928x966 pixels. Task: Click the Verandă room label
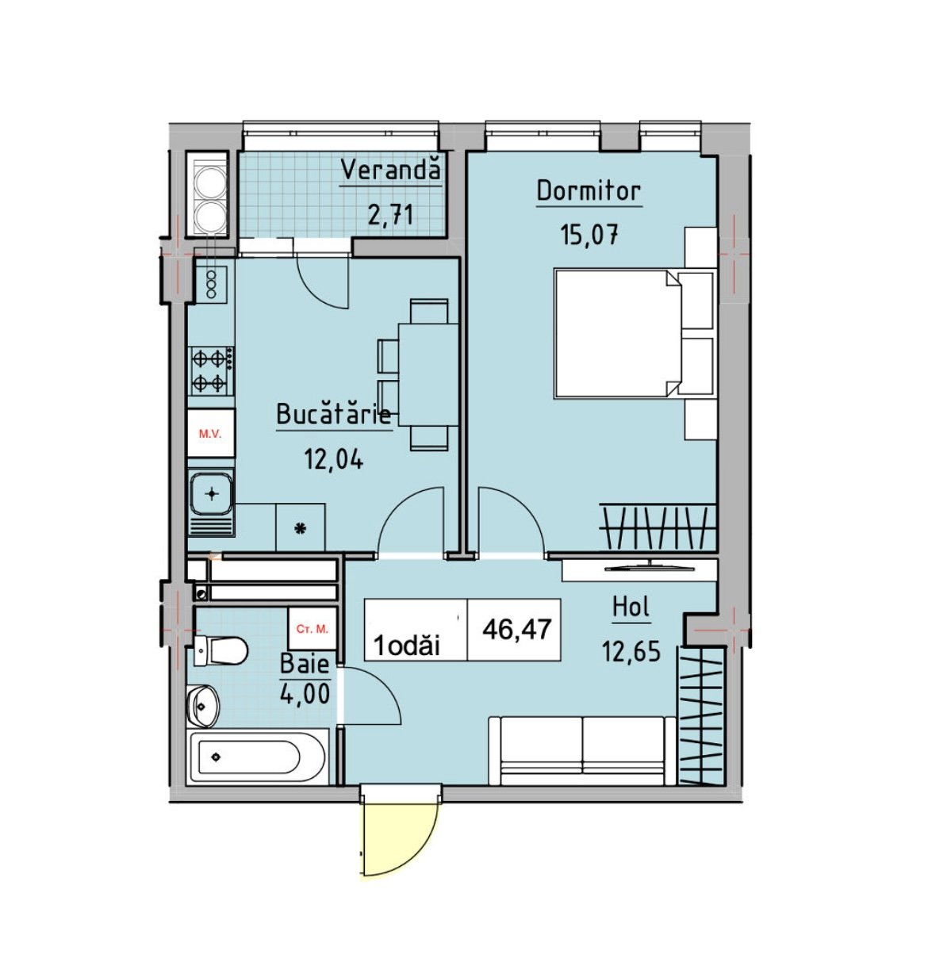(391, 170)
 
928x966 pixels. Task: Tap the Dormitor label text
(589, 191)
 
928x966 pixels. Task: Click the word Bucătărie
(334, 415)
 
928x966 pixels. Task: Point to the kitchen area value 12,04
(334, 460)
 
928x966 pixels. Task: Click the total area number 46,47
(517, 630)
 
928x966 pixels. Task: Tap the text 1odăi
(408, 646)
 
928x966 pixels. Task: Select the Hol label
(631, 607)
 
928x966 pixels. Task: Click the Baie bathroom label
(305, 664)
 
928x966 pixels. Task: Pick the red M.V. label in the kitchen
(209, 435)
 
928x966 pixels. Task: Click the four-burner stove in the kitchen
(210, 370)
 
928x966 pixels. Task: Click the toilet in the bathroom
(220, 651)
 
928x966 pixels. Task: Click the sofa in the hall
(582, 750)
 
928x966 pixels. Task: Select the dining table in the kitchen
(428, 374)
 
